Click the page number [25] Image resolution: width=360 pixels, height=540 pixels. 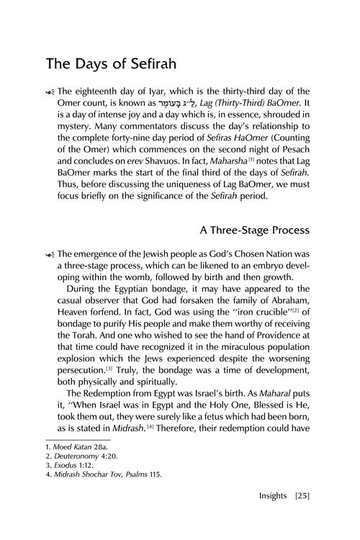[x=302, y=517]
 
